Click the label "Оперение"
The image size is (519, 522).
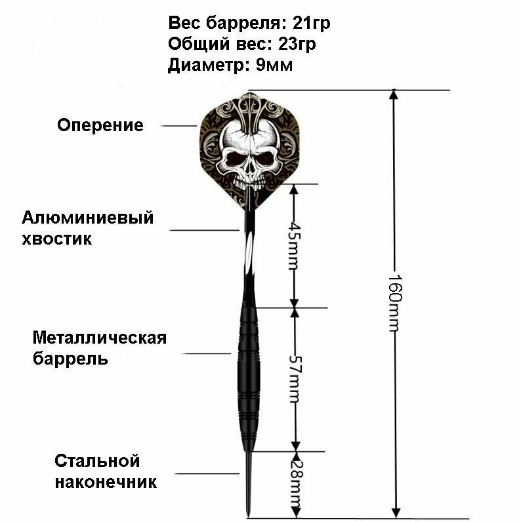click(x=100, y=125)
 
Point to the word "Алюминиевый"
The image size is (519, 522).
click(x=88, y=218)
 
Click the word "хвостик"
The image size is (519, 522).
click(x=57, y=239)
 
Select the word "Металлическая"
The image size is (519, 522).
click(x=100, y=338)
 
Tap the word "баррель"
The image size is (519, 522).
click(x=70, y=359)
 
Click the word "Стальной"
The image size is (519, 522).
click(x=98, y=461)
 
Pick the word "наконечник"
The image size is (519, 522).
click(x=106, y=483)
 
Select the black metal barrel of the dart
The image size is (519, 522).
click(x=249, y=367)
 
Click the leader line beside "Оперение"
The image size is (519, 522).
click(x=178, y=125)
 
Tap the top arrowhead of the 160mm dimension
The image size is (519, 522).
click(x=394, y=94)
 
